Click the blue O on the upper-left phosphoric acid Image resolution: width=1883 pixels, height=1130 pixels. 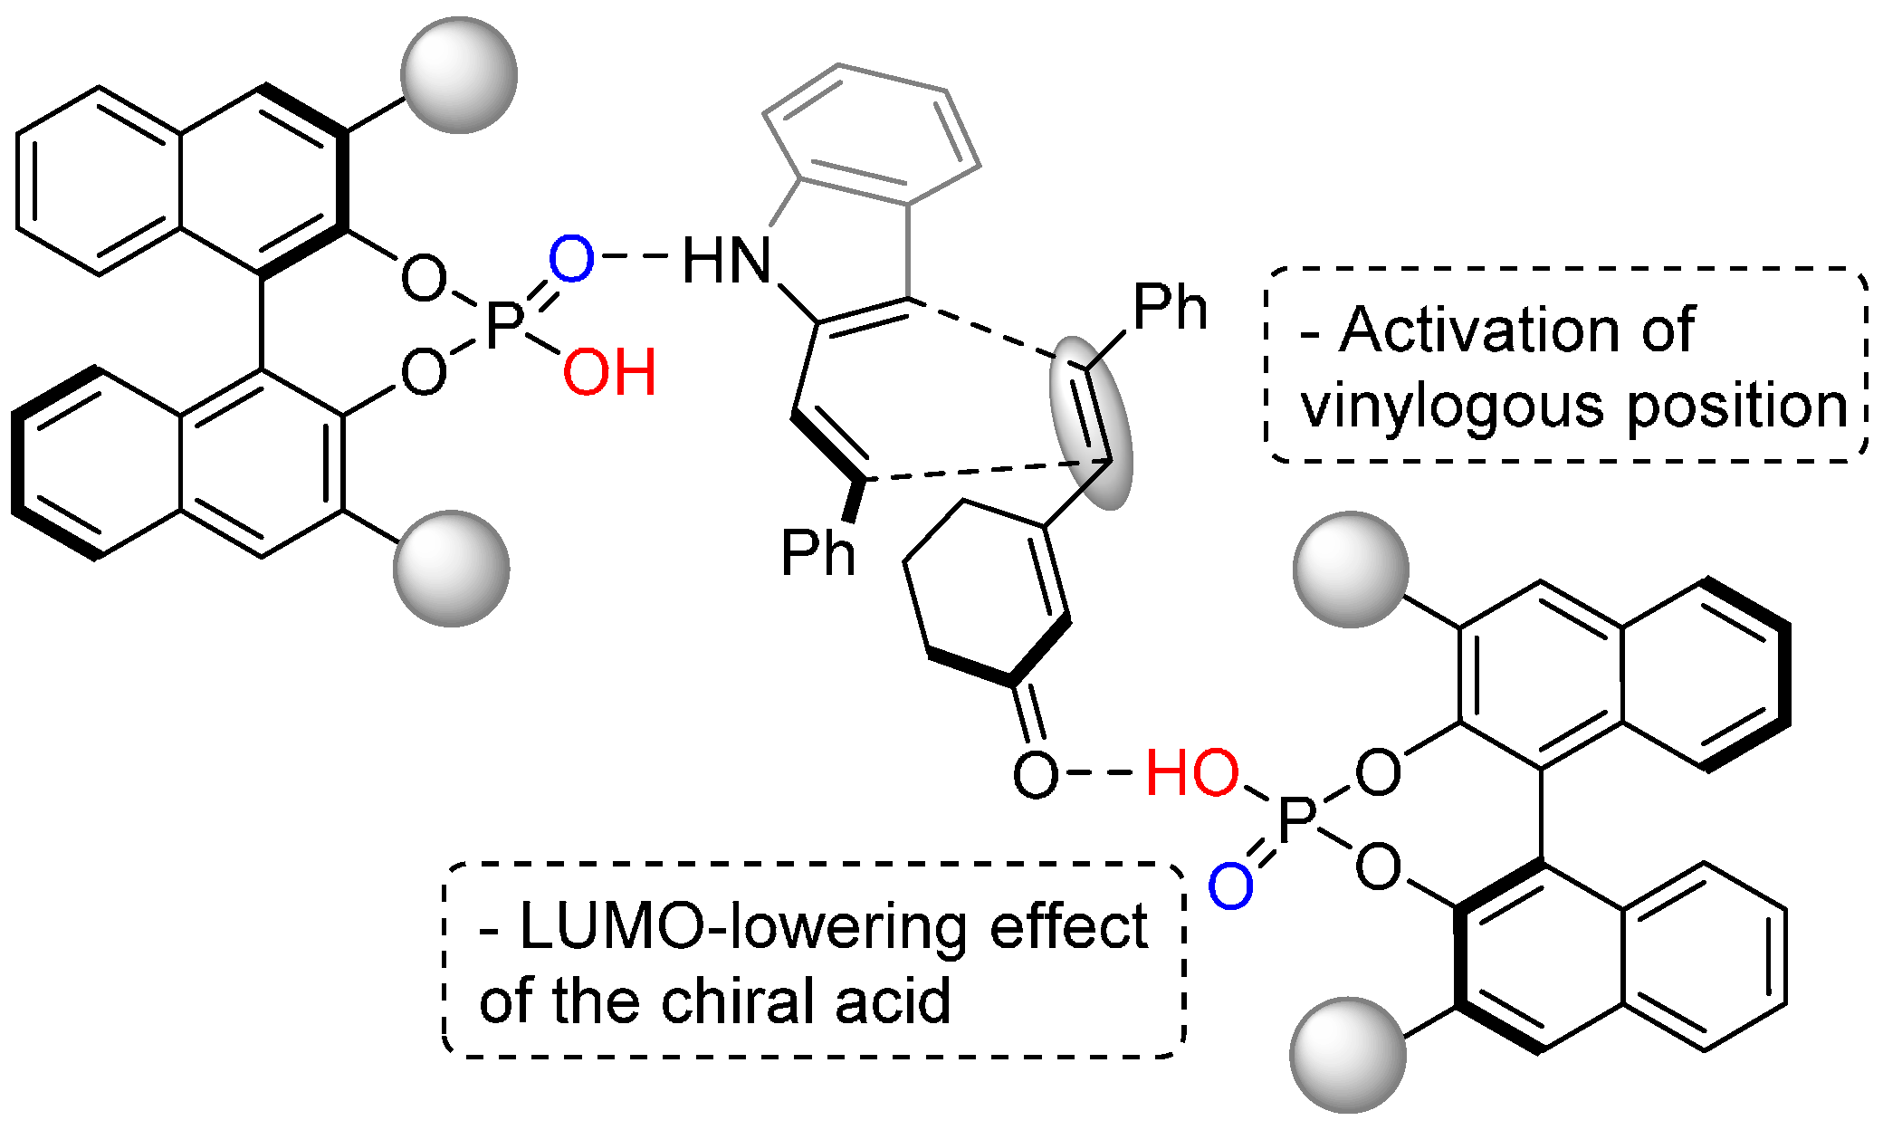pyautogui.click(x=571, y=259)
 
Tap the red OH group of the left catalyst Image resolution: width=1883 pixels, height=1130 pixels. pyautogui.click(x=609, y=372)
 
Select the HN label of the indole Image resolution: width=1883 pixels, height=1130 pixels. pyautogui.click(x=726, y=261)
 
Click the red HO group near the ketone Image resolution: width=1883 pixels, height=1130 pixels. pyautogui.click(x=1191, y=773)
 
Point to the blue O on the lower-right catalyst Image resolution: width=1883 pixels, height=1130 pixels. pyautogui.click(x=1231, y=885)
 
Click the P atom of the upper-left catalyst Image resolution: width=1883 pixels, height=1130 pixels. pyautogui.click(x=505, y=326)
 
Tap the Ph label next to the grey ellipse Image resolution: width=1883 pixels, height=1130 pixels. pyautogui.click(x=1170, y=308)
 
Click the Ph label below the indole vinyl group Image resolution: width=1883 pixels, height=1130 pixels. pyautogui.click(x=817, y=553)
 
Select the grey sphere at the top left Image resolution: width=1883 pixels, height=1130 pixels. pyautogui.click(x=459, y=75)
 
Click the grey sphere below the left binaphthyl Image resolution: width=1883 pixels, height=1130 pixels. pyautogui.click(x=452, y=569)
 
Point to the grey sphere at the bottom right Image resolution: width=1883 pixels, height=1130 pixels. pyautogui.click(x=1348, y=1055)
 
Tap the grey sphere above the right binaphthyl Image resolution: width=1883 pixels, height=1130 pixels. pyautogui.click(x=1351, y=570)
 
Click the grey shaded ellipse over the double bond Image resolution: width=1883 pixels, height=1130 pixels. pyautogui.click(x=1091, y=423)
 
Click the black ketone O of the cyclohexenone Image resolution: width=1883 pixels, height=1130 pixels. pyautogui.click(x=1035, y=774)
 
